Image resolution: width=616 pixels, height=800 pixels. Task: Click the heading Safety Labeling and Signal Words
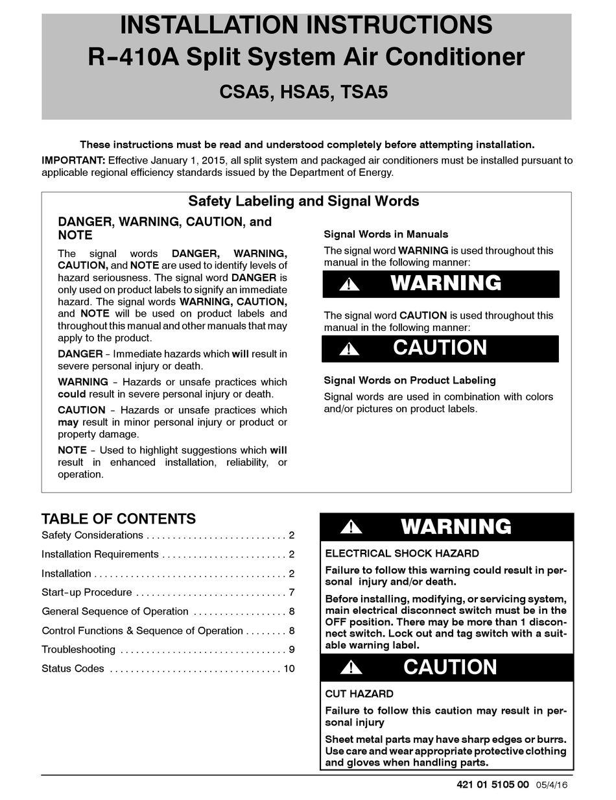(x=303, y=201)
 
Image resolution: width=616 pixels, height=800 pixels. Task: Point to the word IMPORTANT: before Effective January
(x=73, y=160)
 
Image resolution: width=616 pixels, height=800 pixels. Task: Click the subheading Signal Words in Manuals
(x=386, y=234)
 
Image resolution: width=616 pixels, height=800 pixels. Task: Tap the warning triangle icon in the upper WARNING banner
(x=349, y=284)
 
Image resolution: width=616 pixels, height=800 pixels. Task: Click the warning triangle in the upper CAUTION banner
(x=349, y=349)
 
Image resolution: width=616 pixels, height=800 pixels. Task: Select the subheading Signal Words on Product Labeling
(x=410, y=380)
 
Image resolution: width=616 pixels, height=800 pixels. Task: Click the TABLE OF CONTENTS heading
(x=119, y=519)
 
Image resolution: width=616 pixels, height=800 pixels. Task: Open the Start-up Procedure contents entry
(x=87, y=592)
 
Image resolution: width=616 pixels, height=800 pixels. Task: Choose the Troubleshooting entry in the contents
(x=78, y=649)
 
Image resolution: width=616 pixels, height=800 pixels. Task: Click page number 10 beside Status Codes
(x=289, y=668)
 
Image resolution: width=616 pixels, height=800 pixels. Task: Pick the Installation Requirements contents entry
(x=100, y=554)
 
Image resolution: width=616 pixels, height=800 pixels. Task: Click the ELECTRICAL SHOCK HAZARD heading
(x=402, y=553)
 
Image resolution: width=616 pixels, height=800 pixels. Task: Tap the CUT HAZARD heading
(x=359, y=694)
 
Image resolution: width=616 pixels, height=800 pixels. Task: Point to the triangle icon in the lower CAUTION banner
(x=351, y=667)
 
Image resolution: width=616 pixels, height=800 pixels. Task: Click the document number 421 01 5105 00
(x=493, y=784)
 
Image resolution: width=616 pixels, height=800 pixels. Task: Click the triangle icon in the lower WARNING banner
(x=351, y=527)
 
